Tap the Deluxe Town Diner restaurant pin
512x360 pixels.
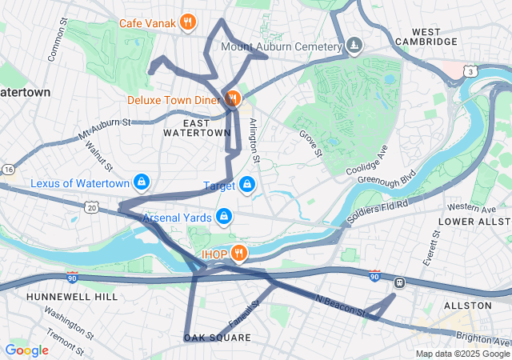(x=233, y=99)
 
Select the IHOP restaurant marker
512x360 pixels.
(x=238, y=254)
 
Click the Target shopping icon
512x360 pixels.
(x=247, y=186)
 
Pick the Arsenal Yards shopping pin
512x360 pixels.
(x=225, y=217)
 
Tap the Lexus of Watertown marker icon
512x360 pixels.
(x=142, y=183)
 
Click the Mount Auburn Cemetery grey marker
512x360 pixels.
(x=354, y=46)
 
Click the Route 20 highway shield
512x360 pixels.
(x=92, y=207)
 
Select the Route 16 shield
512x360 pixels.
(x=8, y=170)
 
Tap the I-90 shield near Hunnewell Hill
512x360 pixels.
(x=72, y=277)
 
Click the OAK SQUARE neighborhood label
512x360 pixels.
(x=218, y=338)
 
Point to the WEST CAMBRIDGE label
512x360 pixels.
(x=426, y=35)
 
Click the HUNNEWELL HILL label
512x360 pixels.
(x=61, y=296)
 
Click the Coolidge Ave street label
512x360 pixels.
(x=367, y=161)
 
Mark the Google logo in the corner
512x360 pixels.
(x=26, y=350)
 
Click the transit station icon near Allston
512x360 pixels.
(x=398, y=282)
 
